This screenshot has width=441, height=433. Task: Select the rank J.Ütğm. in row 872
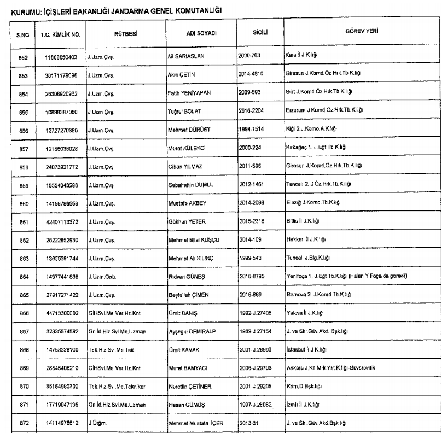96,407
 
